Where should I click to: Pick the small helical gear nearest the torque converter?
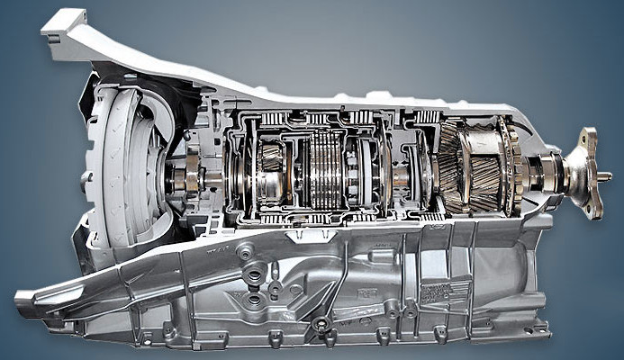tap(271, 162)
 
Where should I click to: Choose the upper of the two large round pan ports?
tap(254, 273)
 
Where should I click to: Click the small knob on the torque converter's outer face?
tap(86, 176)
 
